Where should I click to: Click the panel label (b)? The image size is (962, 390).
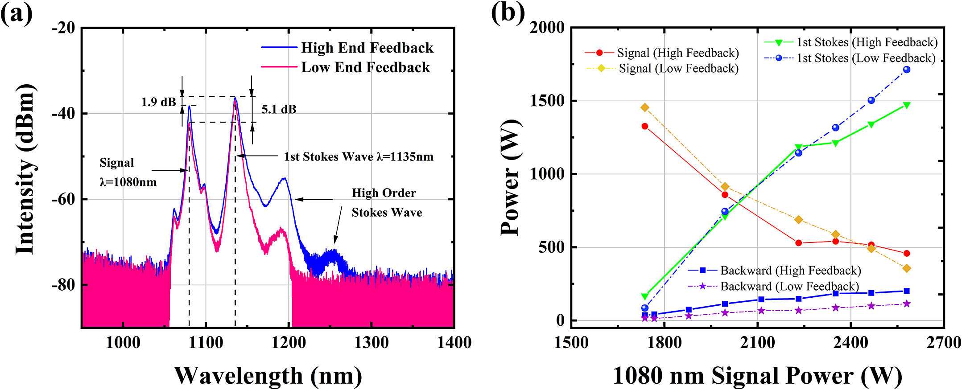click(508, 12)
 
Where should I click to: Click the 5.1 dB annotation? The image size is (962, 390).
click(279, 109)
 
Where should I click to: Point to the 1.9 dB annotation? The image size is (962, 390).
click(158, 102)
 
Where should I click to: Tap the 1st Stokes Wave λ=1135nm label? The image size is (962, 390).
click(359, 157)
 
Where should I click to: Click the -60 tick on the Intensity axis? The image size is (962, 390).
click(63, 199)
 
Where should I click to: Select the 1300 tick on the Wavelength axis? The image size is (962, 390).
click(371, 342)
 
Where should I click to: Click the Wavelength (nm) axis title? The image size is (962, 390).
click(268, 375)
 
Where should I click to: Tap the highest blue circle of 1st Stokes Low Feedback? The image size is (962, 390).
click(906, 70)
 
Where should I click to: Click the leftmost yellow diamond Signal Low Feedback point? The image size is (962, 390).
click(644, 107)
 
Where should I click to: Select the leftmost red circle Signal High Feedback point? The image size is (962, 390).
click(644, 126)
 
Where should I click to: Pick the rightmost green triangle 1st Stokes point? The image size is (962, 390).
click(906, 105)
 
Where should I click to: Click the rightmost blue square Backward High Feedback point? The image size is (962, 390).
click(906, 291)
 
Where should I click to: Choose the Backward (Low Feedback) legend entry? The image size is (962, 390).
click(789, 286)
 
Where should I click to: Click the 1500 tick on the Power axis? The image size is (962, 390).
click(547, 101)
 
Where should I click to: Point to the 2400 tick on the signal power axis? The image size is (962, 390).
click(851, 342)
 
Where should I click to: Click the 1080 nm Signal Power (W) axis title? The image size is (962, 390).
click(757, 375)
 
